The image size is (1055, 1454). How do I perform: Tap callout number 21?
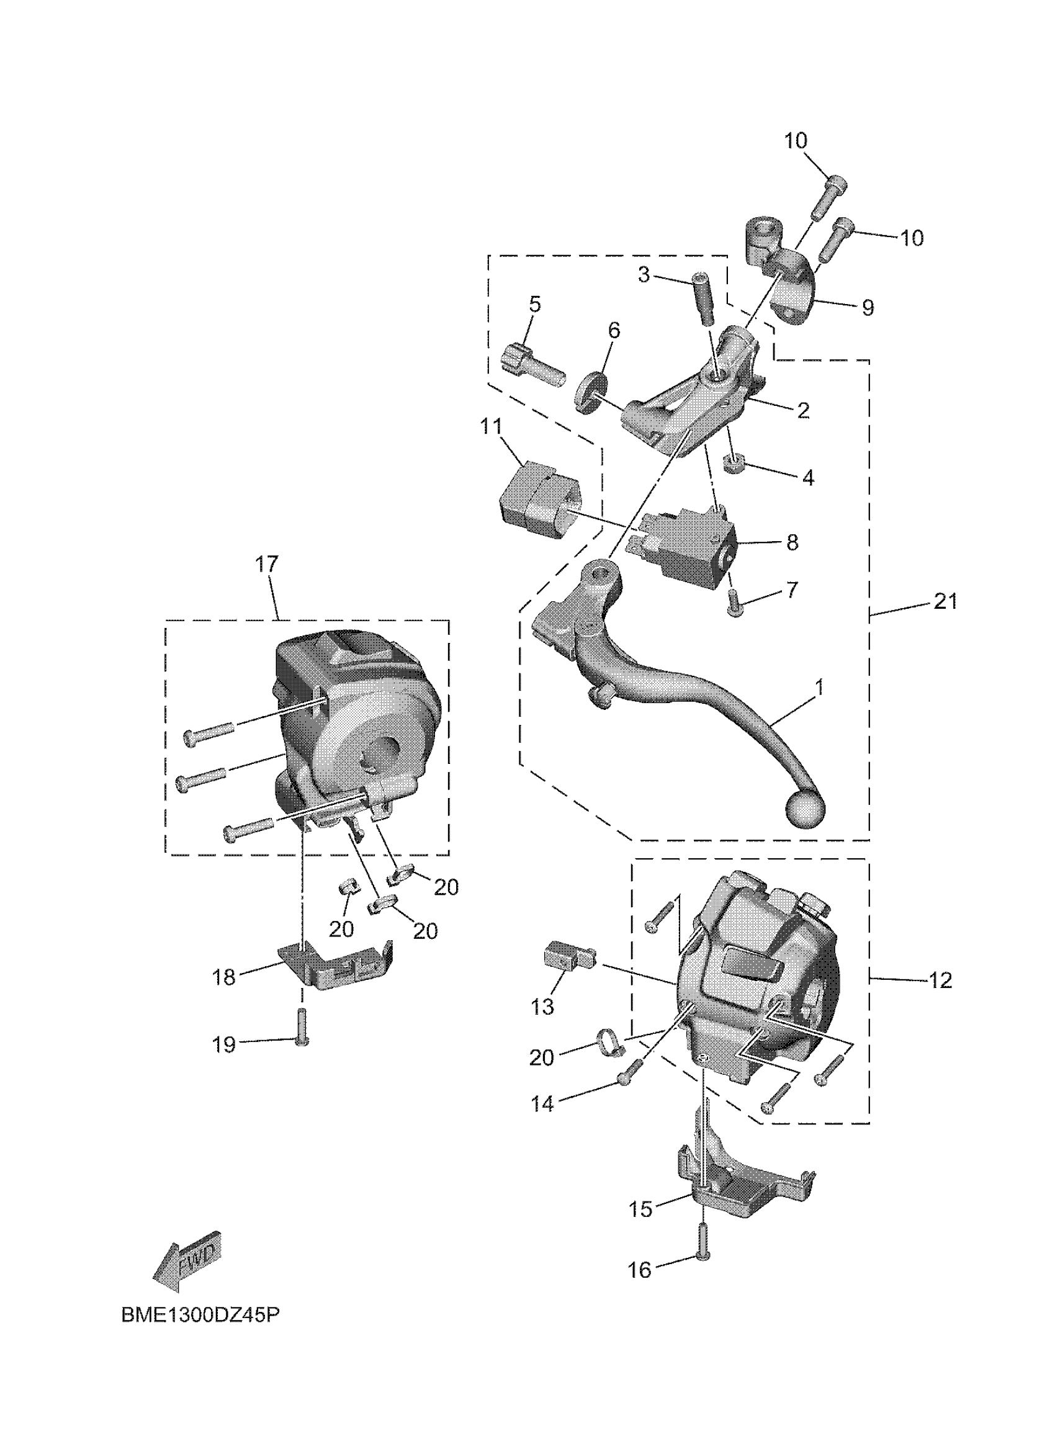tap(944, 602)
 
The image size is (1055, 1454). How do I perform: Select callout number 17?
tap(267, 564)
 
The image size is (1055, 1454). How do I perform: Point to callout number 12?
tap(940, 981)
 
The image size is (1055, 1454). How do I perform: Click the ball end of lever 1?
tap(805, 810)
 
